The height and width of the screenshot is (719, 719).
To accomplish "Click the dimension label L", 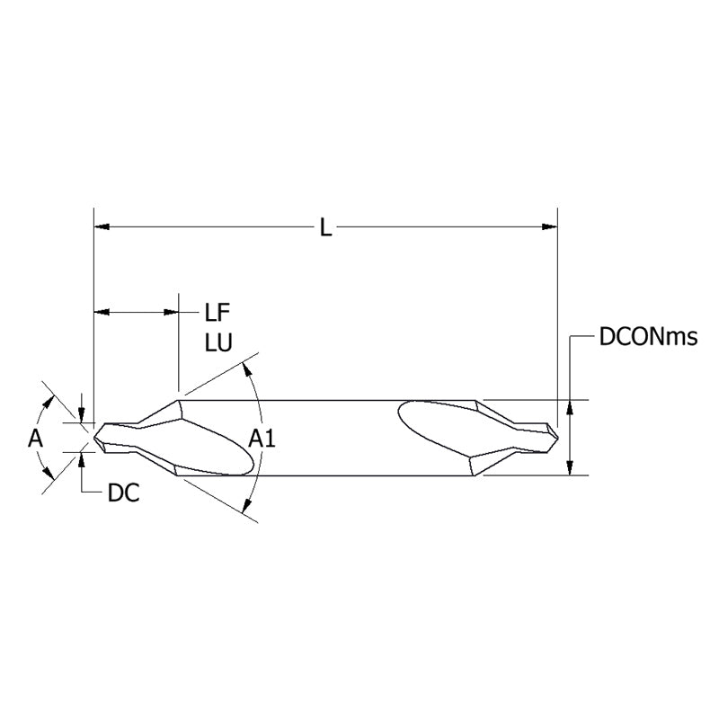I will tap(325, 228).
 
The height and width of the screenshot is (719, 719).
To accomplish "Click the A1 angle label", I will tap(262, 439).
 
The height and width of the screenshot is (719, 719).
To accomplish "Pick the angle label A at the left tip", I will tap(35, 439).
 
